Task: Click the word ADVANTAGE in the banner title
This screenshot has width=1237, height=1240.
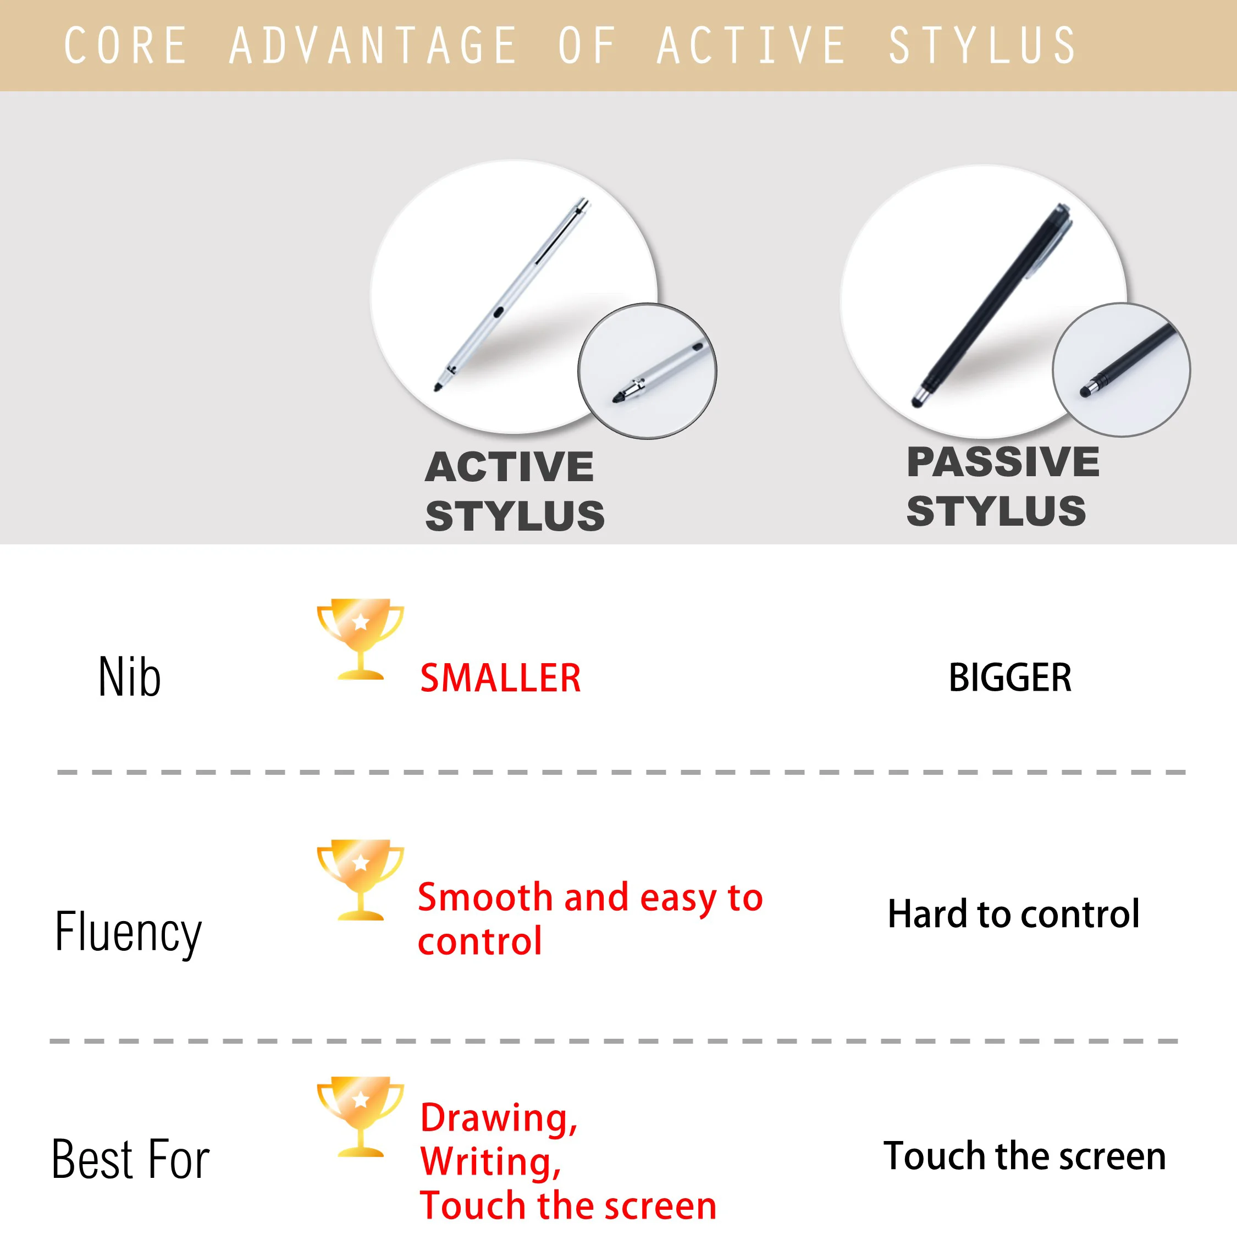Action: pyautogui.click(x=373, y=46)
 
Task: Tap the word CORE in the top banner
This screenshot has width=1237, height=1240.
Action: pyautogui.click(x=126, y=46)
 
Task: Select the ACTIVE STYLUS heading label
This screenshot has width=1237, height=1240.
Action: pyautogui.click(x=514, y=491)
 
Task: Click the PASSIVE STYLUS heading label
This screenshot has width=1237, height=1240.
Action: pyautogui.click(x=1002, y=487)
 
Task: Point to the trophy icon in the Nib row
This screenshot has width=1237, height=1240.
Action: pyautogui.click(x=360, y=638)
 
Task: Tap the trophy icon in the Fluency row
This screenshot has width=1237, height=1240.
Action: pyautogui.click(x=360, y=879)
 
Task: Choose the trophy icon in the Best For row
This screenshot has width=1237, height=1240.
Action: pyautogui.click(x=360, y=1117)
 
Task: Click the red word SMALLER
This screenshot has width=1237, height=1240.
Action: pyautogui.click(x=500, y=678)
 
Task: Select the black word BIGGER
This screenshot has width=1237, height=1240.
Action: pyautogui.click(x=1010, y=678)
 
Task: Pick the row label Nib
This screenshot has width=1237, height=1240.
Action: pyautogui.click(x=130, y=677)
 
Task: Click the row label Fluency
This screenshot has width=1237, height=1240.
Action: pyautogui.click(x=128, y=932)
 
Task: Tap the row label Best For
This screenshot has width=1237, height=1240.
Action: pyautogui.click(x=130, y=1160)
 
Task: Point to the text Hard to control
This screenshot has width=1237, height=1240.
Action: pyautogui.click(x=1014, y=914)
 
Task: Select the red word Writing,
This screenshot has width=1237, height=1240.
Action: pyautogui.click(x=491, y=1162)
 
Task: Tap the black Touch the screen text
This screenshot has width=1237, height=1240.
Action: pyautogui.click(x=1025, y=1156)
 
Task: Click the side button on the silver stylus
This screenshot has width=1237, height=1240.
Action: pyautogui.click(x=499, y=312)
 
